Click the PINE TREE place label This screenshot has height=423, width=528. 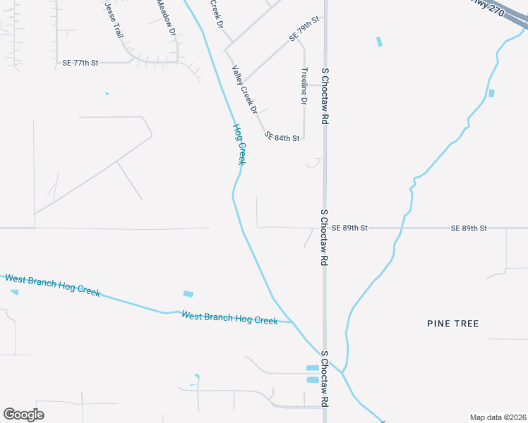453,324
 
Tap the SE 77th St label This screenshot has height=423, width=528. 80,63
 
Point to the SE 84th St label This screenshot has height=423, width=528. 282,135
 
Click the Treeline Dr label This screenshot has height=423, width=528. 304,87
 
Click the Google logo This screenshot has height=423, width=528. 23,414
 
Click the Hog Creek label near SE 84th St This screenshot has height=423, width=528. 240,145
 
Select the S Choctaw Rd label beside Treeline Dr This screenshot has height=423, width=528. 325,97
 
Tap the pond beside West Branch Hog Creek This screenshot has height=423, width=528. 188,293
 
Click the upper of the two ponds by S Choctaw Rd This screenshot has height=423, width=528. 312,368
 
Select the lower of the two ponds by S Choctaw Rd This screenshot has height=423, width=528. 312,379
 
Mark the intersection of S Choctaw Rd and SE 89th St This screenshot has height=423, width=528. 325,228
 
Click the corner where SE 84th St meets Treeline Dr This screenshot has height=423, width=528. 303,138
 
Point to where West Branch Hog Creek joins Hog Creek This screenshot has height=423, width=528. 293,322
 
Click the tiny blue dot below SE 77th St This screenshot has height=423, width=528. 107,93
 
